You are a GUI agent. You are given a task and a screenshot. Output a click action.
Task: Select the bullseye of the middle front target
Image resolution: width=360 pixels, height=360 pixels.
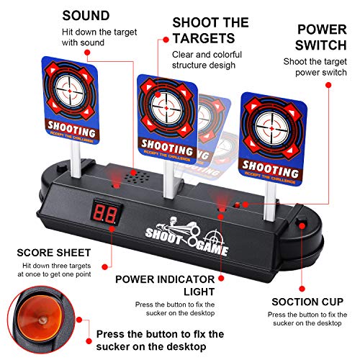tap(166, 107)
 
